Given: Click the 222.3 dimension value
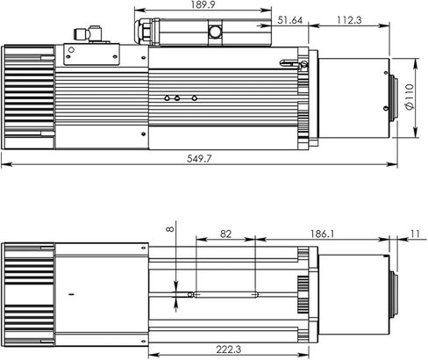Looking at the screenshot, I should point(228,349).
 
